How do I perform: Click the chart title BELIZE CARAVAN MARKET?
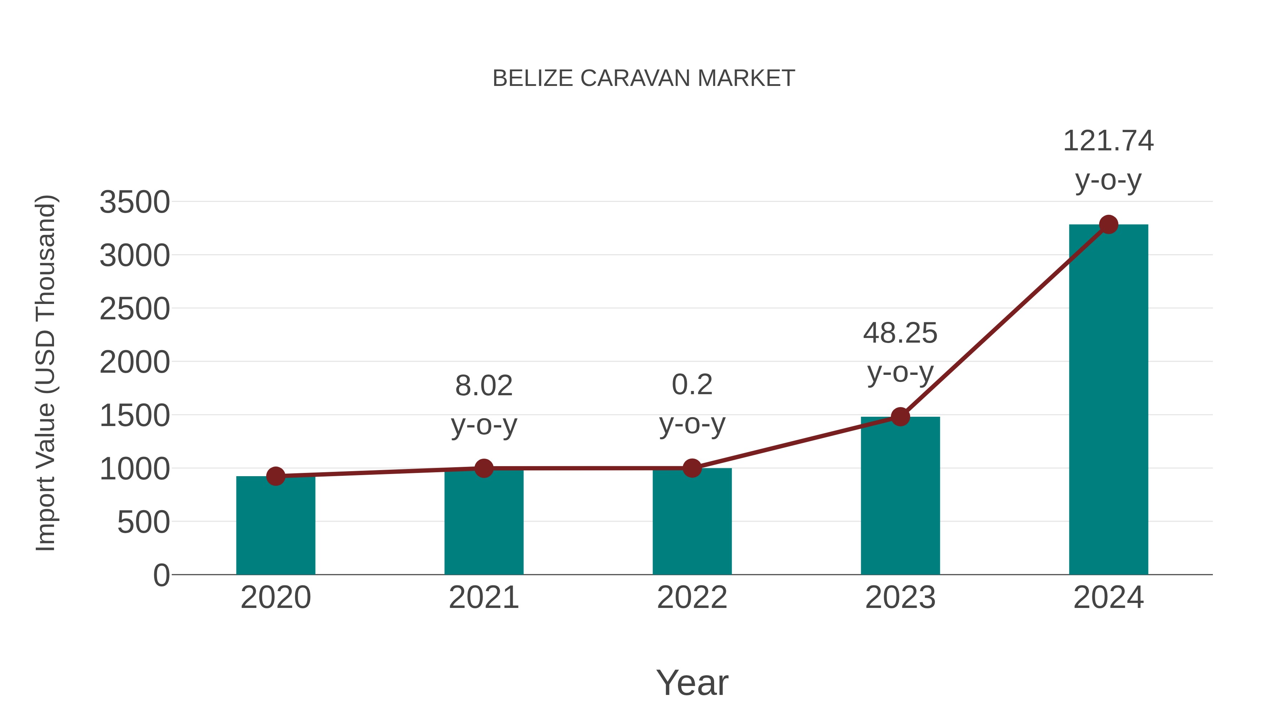pyautogui.click(x=644, y=78)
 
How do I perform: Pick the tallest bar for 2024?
pyautogui.click(x=1108, y=400)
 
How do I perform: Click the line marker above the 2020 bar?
pyautogui.click(x=275, y=476)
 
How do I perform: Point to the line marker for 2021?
pyautogui.click(x=483, y=468)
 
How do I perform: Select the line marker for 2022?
pyautogui.click(x=692, y=468)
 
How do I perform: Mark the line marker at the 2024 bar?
pyautogui.click(x=1108, y=224)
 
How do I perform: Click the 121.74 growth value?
pyautogui.click(x=1108, y=141)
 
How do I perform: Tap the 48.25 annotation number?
pyautogui.click(x=900, y=333)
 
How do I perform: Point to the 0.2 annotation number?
pyautogui.click(x=692, y=385)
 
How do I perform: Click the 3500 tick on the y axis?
pyautogui.click(x=135, y=202)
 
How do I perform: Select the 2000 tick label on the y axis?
pyautogui.click(x=135, y=362)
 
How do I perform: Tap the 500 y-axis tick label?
pyautogui.click(x=143, y=522)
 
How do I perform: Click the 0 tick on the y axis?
pyautogui.click(x=161, y=575)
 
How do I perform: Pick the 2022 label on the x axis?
pyautogui.click(x=692, y=598)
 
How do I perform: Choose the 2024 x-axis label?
pyautogui.click(x=1108, y=598)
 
